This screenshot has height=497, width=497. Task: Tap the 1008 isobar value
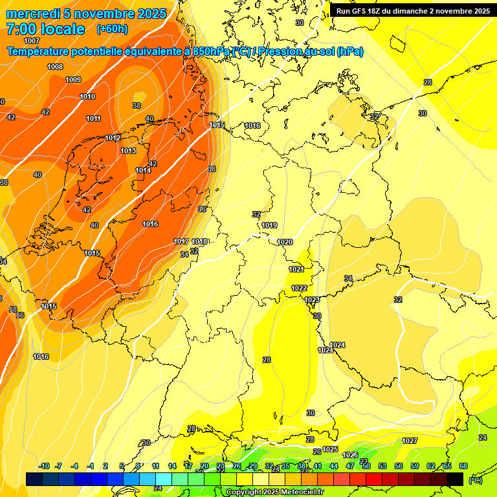click(55, 67)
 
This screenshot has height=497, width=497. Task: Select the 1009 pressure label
click(73, 80)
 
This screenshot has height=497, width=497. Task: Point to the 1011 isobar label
click(93, 118)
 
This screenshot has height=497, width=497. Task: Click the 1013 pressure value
click(128, 151)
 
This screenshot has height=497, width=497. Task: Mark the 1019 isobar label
click(269, 225)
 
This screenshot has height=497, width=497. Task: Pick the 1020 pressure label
click(285, 242)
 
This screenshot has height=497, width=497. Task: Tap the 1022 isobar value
click(299, 288)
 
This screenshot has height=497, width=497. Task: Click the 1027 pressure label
click(410, 441)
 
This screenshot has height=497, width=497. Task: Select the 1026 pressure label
click(350, 455)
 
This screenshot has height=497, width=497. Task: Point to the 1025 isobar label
click(330, 449)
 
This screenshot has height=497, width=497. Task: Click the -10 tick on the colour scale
click(44, 466)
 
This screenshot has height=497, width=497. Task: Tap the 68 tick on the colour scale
click(463, 466)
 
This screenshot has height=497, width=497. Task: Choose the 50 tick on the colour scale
click(366, 466)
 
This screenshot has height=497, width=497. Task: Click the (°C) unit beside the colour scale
click(475, 480)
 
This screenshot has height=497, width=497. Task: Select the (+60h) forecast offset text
click(112, 29)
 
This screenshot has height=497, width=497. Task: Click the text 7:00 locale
click(45, 29)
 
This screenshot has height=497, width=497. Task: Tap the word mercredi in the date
click(32, 14)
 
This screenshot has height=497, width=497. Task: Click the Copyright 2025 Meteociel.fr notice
click(274, 492)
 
